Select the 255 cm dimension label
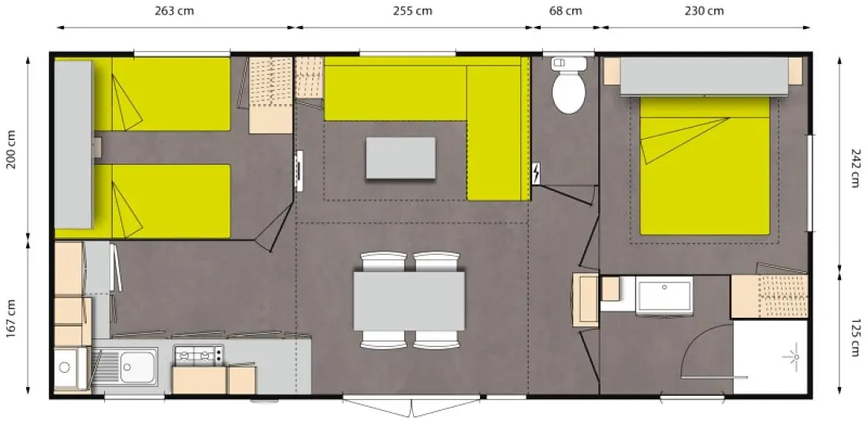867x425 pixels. [x=412, y=10]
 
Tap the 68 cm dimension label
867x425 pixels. [x=566, y=10]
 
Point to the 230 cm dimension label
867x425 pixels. [x=704, y=10]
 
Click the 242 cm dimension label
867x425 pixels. [x=855, y=168]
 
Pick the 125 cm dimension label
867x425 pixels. [x=855, y=337]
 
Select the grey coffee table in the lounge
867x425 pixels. [x=401, y=158]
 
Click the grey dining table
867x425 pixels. [x=409, y=300]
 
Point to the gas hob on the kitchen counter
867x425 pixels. [x=199, y=355]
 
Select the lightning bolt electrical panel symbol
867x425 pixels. [x=536, y=174]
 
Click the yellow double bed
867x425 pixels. [x=705, y=166]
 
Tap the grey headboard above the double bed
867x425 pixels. [x=704, y=76]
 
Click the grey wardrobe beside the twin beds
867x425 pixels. [x=73, y=144]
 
